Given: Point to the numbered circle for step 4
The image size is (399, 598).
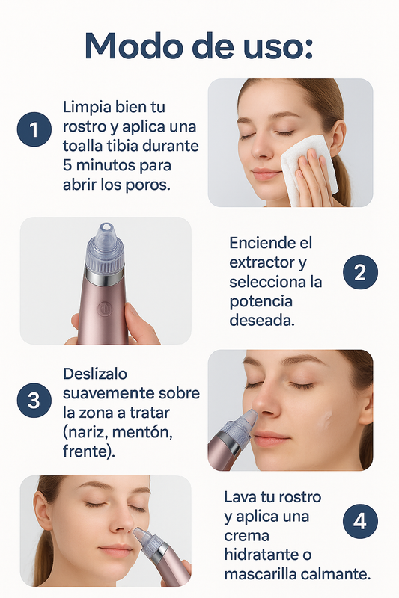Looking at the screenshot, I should tap(360, 522).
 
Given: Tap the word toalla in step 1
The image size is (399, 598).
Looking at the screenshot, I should tap(85, 145).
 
